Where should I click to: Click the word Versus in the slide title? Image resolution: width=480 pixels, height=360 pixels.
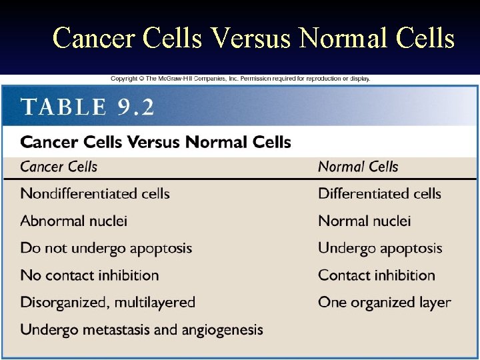tap(251, 38)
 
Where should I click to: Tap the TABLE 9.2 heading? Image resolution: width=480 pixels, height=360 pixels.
tap(87, 107)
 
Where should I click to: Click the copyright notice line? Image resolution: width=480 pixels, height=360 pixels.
tap(240, 79)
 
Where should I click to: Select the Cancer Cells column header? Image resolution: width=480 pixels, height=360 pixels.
tap(59, 167)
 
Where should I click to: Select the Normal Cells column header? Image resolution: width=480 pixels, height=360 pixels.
tap(358, 167)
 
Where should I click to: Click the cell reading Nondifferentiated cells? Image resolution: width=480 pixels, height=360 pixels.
tap(95, 194)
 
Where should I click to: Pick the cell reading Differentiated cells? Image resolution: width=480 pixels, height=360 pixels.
tap(379, 194)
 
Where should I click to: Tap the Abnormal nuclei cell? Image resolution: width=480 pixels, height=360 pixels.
tap(73, 221)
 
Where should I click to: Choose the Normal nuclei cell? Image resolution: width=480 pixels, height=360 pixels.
tap(364, 221)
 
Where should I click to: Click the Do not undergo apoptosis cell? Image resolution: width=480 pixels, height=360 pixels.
tap(106, 248)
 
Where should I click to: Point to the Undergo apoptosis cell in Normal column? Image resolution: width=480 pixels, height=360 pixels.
tap(380, 248)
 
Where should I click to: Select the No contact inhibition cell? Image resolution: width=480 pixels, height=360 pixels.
tap(89, 275)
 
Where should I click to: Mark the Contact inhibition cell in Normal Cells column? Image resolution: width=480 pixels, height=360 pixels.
tap(376, 275)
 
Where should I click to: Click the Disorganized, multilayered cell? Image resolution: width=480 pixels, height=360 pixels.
tap(107, 302)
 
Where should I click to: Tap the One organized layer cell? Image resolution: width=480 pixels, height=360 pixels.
tap(384, 302)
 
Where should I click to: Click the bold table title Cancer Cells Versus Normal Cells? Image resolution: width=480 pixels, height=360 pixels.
tap(155, 142)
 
